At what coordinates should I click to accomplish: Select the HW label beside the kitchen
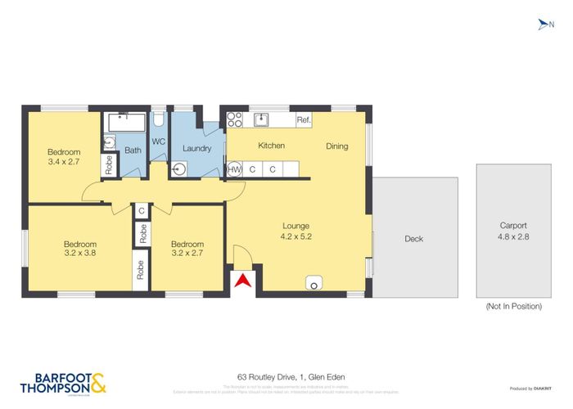[x=234, y=169]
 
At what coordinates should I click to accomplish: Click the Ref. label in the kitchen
[x=304, y=120]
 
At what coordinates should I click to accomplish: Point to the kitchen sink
[x=263, y=120]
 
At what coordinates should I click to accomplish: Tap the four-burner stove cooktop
[x=234, y=120]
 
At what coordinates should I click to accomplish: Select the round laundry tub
[x=179, y=170]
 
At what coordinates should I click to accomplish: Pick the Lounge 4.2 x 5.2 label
[x=296, y=231]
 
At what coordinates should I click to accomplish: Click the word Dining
[x=337, y=146]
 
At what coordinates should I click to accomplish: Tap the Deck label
[x=414, y=239]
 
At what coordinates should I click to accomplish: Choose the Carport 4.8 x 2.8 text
[x=513, y=231]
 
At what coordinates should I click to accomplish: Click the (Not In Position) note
[x=513, y=306]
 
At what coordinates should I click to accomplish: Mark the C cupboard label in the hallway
[x=142, y=211]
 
